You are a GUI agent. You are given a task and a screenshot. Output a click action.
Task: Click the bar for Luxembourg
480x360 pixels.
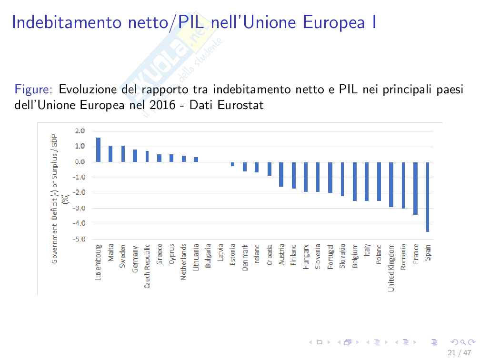pos(98,150)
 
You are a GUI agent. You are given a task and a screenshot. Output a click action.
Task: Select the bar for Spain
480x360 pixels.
pos(428,197)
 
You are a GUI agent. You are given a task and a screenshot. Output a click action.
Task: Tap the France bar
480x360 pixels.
pos(415,188)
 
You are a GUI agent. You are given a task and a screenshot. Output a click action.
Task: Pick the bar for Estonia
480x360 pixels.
pos(232,164)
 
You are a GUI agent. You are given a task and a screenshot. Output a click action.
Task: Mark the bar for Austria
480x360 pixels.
pos(281,174)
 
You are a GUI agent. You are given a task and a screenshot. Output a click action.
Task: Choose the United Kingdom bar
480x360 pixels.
pos(391,184)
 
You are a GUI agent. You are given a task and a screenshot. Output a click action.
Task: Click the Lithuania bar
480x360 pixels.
pos(196,160)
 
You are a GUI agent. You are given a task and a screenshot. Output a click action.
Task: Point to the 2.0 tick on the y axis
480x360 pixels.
pos(80,131)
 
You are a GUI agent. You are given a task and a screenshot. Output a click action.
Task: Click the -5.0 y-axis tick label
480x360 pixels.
pos(79,239)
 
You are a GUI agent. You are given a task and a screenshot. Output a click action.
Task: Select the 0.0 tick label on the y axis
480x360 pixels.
pos(80,162)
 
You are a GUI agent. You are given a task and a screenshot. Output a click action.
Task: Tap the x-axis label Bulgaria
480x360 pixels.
pos(208,256)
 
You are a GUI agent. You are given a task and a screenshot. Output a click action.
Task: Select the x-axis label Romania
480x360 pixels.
pos(403,257)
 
